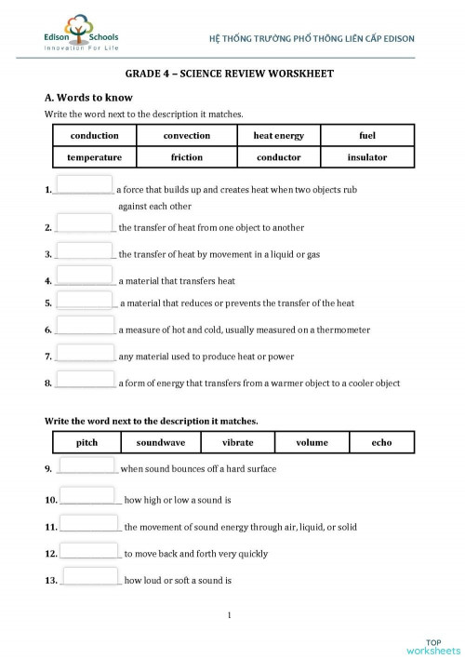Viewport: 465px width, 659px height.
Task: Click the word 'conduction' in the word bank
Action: [x=94, y=136]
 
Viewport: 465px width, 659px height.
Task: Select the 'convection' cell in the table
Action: [x=187, y=136]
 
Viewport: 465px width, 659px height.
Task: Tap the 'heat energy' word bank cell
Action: [x=278, y=136]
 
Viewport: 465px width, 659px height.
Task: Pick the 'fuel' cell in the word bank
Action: [x=366, y=136]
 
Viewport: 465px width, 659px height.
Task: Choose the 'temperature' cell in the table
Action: [x=94, y=157]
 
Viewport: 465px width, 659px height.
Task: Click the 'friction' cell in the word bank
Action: [x=187, y=157]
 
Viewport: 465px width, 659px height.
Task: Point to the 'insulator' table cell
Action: [x=366, y=157]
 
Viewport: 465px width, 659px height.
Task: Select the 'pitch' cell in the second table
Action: [x=86, y=442]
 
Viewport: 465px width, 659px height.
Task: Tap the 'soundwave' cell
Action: [x=160, y=442]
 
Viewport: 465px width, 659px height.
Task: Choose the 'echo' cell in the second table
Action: [x=381, y=442]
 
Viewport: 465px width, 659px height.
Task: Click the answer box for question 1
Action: [x=84, y=185]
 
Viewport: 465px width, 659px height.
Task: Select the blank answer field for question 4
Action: [x=85, y=276]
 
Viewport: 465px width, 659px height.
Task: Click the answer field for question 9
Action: [x=86, y=465]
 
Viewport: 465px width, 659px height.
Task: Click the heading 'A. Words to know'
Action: [x=88, y=98]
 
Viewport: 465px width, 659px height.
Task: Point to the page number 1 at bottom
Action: [x=230, y=615]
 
